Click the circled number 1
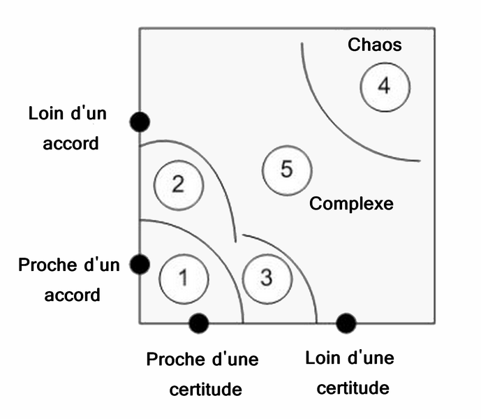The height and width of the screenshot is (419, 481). pos(184,278)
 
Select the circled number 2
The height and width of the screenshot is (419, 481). pos(178,185)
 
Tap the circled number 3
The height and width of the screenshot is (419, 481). pos(265,277)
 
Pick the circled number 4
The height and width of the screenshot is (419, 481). pos(385,87)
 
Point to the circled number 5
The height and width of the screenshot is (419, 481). pos(286,170)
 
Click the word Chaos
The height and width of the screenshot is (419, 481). pos(375,45)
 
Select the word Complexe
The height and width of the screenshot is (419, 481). pos(351,204)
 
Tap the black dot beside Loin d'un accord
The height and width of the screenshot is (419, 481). pos(140,122)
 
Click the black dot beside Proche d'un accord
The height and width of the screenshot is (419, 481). pos(140,264)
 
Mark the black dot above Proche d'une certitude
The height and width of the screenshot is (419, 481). pos(199,323)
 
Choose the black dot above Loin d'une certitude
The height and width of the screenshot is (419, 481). pos(346,323)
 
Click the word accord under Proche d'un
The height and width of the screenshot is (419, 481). pos(72,295)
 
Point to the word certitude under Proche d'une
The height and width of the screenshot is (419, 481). pos(206,388)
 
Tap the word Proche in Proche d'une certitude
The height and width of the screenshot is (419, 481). pos(175,360)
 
